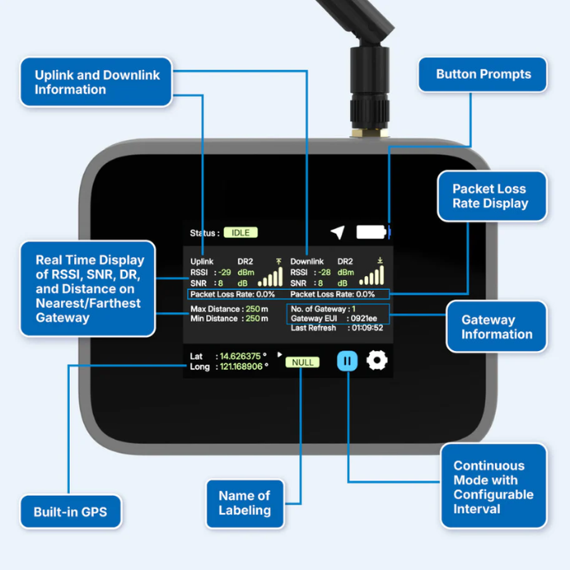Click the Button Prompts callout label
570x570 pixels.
(x=483, y=74)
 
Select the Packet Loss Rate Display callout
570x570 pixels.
(x=490, y=196)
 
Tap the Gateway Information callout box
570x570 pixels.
(x=496, y=327)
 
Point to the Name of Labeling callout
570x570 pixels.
(x=244, y=502)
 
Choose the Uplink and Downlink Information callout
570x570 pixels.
(x=97, y=81)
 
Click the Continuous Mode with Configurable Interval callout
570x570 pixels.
(x=493, y=487)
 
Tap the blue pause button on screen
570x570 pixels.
(x=348, y=361)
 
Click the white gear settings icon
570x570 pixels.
(x=376, y=361)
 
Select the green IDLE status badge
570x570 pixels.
(x=241, y=233)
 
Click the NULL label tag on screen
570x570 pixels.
(x=302, y=362)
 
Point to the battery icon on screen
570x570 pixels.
(x=373, y=232)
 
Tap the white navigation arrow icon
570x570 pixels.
(x=337, y=233)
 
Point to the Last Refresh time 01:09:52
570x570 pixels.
(x=366, y=328)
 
